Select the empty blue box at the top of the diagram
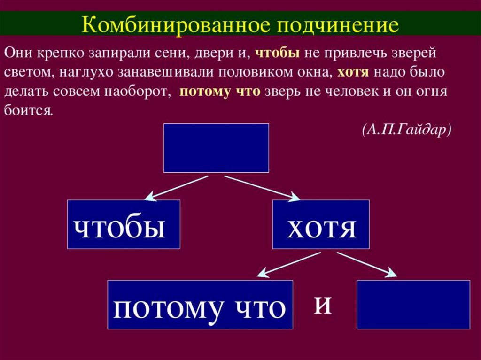tap(216, 148)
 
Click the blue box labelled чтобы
tap(124, 224)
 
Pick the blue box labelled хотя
tap(320, 224)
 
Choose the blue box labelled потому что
tap(200, 305)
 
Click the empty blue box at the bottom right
tap(413, 304)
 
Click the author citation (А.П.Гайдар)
tap(406, 130)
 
